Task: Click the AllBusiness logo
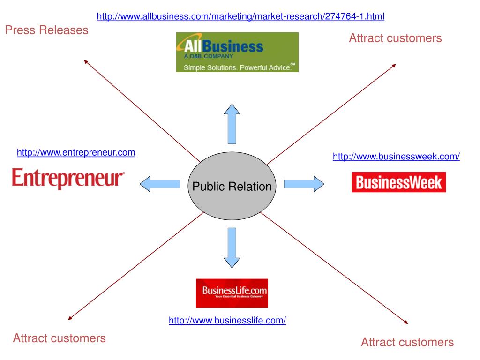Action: [237, 52]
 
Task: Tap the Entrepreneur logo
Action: [68, 179]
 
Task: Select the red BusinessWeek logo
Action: [398, 182]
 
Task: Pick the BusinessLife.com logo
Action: [232, 293]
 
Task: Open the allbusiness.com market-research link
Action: [240, 17]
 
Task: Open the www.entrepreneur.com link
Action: [76, 152]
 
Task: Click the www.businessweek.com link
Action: [396, 157]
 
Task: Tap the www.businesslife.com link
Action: [227, 321]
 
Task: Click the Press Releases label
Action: [46, 30]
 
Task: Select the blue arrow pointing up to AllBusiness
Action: [232, 124]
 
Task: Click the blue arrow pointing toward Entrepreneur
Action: [160, 183]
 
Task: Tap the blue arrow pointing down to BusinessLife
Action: [232, 247]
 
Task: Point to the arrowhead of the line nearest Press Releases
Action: [85, 61]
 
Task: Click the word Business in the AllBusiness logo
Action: [239, 46]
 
